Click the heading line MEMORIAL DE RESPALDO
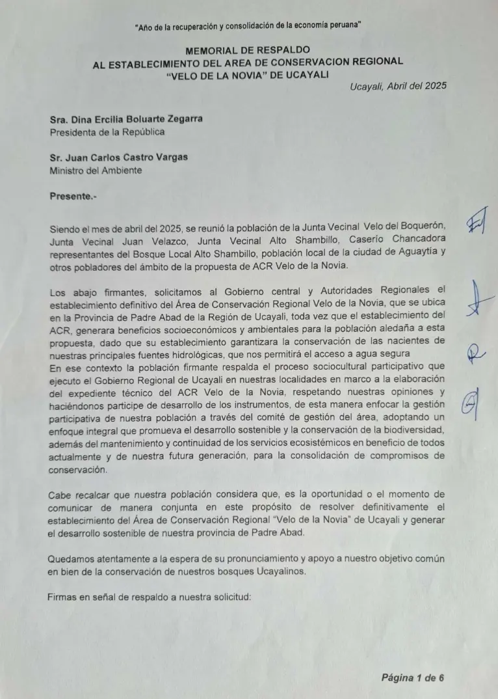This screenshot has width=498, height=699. [248, 49]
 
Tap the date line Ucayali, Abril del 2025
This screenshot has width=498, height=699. [398, 86]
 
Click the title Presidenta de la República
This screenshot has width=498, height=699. [107, 131]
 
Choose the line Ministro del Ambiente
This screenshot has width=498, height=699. [96, 171]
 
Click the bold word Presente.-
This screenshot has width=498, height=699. [73, 196]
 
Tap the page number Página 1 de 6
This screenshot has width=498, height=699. [412, 678]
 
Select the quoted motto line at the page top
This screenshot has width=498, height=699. [248, 25]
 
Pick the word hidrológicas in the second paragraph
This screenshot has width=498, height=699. [200, 354]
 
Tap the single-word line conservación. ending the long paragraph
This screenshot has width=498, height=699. [80, 469]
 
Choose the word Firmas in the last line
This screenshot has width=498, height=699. [64, 597]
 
